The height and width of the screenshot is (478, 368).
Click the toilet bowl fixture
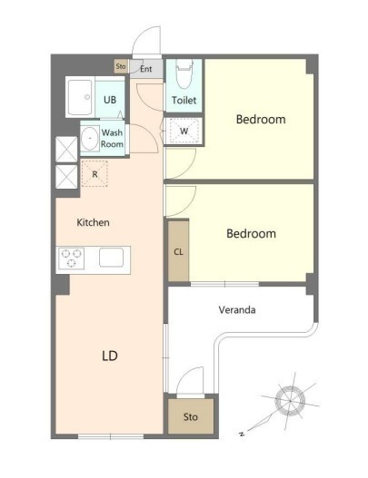184,73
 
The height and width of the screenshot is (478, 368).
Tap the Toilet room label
184,100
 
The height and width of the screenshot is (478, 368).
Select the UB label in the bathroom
110,100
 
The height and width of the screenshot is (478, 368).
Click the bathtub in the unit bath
80,97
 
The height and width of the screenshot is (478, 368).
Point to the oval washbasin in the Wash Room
89,138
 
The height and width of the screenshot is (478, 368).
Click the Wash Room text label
112,138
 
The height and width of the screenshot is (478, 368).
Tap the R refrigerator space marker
94,173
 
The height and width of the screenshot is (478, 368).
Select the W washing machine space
184,131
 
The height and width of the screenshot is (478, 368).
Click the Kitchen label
94,222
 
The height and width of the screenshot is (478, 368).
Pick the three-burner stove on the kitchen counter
72,258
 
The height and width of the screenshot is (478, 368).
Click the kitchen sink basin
111,258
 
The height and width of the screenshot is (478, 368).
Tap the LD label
110,356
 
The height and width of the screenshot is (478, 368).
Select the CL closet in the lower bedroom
179,251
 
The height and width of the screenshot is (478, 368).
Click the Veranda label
237,309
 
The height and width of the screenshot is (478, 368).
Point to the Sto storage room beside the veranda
191,416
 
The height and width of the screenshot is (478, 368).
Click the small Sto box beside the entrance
121,66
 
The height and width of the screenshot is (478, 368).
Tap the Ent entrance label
146,69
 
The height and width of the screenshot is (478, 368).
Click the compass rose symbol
290,401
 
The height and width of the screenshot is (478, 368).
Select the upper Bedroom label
261,119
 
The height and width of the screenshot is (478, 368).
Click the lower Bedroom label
251,233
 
